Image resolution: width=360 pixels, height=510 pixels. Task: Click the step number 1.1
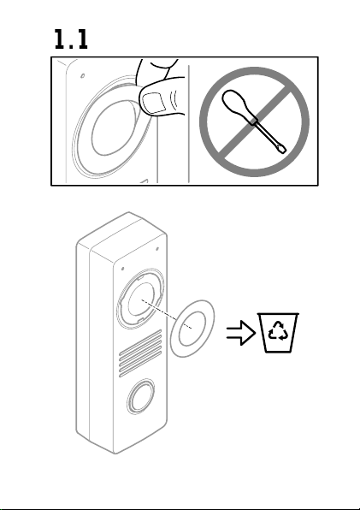pos(71,39)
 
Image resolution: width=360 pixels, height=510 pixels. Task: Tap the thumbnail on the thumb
pos(154,103)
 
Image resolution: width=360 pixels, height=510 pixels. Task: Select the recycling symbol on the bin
pos(278,331)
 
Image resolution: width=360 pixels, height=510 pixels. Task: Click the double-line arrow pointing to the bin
pos(241,333)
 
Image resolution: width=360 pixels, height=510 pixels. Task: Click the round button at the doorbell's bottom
pos(141,396)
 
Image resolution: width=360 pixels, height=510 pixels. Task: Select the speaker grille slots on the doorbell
pos(140,353)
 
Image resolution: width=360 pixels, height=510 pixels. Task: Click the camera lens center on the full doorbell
pos(141,299)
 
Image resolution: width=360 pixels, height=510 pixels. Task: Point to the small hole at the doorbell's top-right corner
pos(157,249)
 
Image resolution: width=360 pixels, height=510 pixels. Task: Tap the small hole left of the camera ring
pos(122,269)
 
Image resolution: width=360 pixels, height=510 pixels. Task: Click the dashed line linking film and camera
pos(167,314)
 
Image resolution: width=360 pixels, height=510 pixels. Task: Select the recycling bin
pos(278,333)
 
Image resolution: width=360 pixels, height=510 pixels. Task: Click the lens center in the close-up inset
pos(112,128)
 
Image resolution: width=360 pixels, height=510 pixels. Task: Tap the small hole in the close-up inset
pos(83,76)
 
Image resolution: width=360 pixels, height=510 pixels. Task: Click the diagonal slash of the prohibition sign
pos(255,122)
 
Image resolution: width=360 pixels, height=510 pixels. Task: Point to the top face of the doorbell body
pos(121,232)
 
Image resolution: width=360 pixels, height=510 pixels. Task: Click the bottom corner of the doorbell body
pos(115,453)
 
